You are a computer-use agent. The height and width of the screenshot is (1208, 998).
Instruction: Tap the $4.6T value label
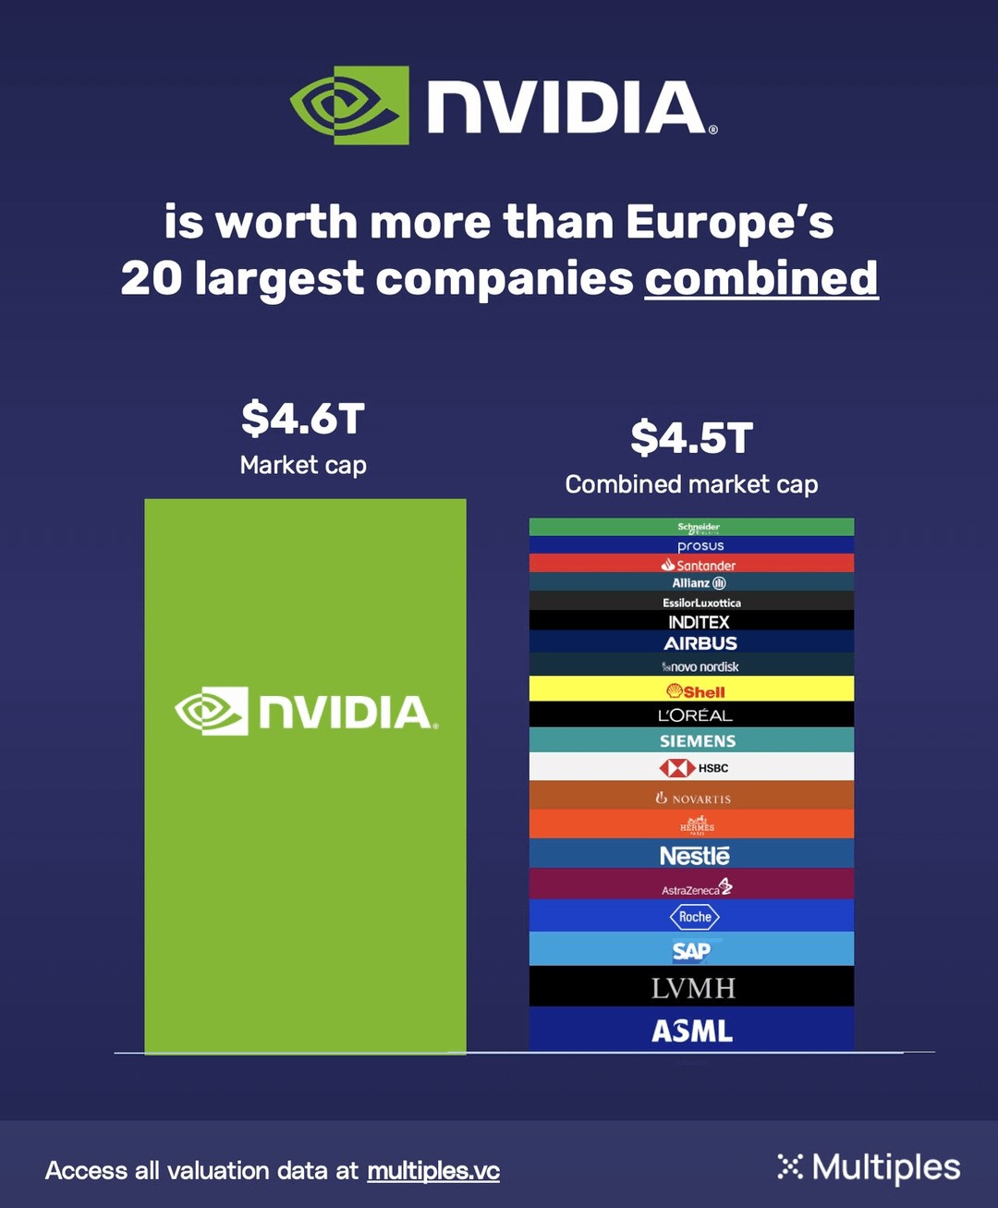[x=303, y=419]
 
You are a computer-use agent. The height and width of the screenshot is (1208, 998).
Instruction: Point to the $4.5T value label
[x=691, y=438]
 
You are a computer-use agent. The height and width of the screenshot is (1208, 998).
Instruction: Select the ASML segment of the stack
[x=691, y=1030]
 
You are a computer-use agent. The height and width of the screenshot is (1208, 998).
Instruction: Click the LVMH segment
[x=691, y=987]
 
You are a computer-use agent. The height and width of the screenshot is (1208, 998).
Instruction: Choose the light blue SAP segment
[x=691, y=949]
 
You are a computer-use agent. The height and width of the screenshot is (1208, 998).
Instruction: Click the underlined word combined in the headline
[x=761, y=278]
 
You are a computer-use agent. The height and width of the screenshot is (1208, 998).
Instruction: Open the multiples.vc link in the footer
[x=433, y=1170]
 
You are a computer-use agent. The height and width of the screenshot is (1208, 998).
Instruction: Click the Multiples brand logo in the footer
[x=869, y=1167]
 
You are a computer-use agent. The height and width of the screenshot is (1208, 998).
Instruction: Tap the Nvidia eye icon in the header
[x=349, y=105]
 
